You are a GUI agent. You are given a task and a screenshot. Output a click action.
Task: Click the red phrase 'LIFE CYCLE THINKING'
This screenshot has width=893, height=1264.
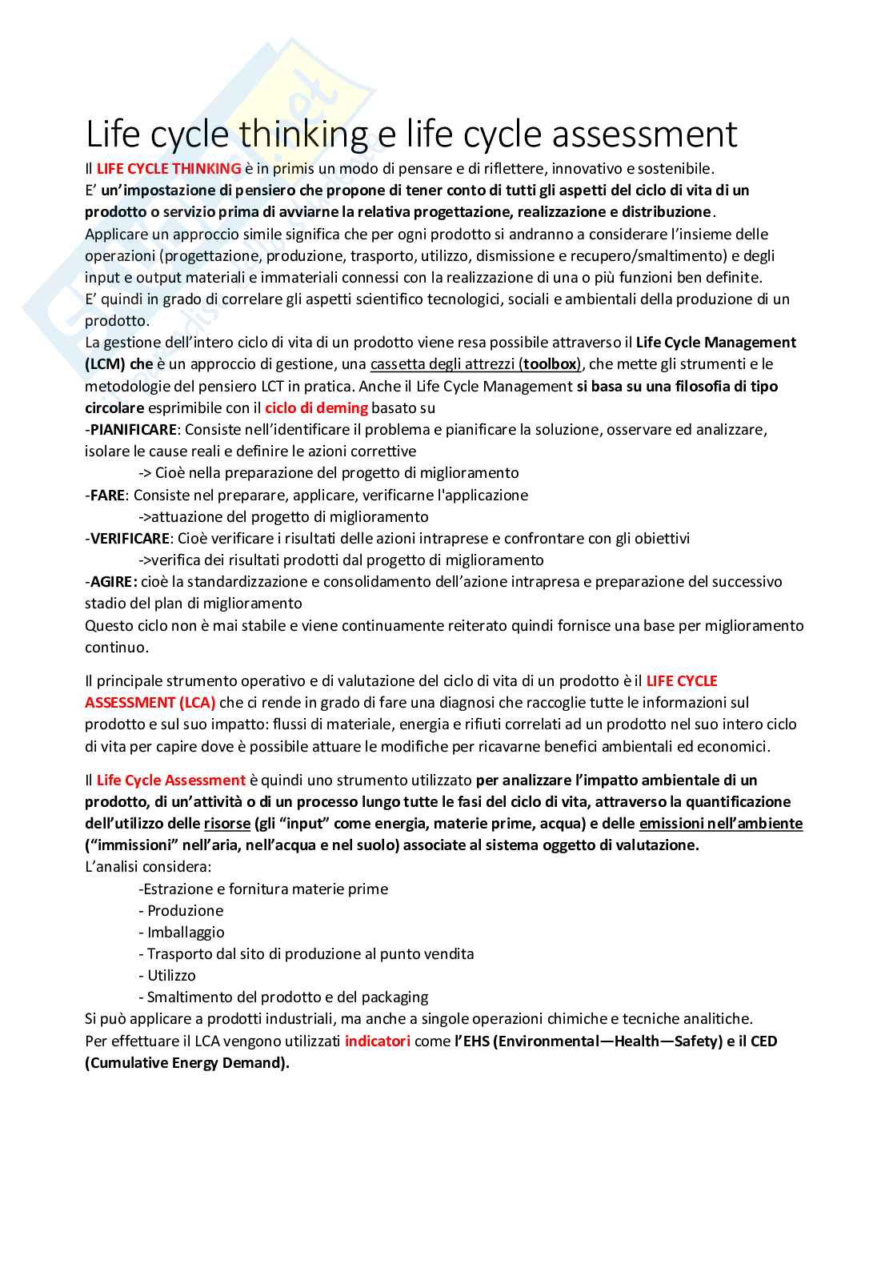(x=169, y=169)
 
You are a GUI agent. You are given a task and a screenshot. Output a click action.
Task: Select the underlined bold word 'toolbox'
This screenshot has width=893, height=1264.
(x=550, y=364)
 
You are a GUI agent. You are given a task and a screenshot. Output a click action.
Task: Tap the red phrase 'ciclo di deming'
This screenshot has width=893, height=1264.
(x=316, y=407)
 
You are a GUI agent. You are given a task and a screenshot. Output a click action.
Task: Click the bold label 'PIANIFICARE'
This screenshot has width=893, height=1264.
(x=133, y=430)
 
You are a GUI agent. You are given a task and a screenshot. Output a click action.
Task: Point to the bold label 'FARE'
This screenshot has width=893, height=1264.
(x=107, y=496)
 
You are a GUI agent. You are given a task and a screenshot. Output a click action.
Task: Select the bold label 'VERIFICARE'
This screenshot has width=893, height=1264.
(x=130, y=539)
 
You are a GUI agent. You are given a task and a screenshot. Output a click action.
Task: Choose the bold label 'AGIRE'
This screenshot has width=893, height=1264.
(x=112, y=582)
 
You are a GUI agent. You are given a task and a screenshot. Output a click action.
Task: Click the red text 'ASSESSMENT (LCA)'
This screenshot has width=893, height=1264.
(x=150, y=703)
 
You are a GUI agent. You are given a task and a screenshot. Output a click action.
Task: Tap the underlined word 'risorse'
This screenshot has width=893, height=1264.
(x=226, y=824)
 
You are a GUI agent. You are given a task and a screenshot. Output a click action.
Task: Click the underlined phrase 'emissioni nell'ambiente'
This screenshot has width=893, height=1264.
(x=720, y=824)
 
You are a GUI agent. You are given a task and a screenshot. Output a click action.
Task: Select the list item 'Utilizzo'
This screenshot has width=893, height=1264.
(x=171, y=976)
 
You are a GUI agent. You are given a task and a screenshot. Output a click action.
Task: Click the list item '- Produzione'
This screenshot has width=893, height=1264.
(x=181, y=911)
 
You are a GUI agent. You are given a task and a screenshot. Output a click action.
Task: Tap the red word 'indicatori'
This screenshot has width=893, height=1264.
(x=377, y=1041)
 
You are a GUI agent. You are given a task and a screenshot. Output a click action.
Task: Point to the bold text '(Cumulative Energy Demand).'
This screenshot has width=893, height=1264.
(x=187, y=1063)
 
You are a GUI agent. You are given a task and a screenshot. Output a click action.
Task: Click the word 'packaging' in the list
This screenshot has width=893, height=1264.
(x=394, y=997)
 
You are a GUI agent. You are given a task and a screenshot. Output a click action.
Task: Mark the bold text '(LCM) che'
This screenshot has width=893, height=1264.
(x=119, y=364)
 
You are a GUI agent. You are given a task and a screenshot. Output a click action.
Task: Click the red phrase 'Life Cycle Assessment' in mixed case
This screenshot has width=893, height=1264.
(x=170, y=780)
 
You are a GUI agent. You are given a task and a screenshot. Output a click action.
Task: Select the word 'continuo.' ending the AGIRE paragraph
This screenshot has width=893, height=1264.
(x=117, y=648)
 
